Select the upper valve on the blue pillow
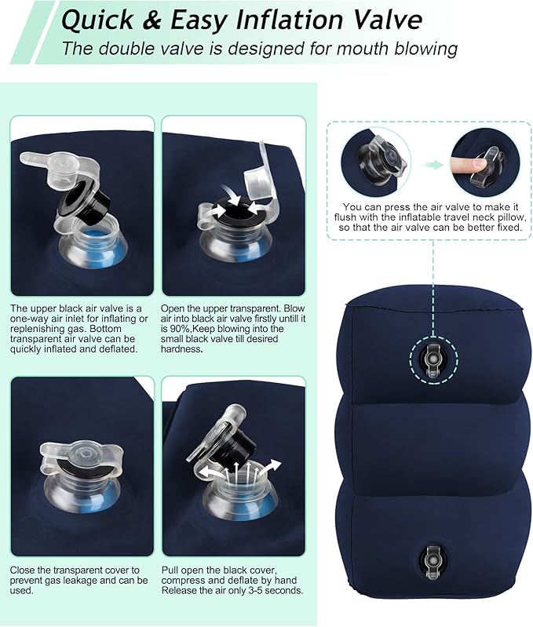[431, 359]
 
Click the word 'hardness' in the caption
[181, 348]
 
